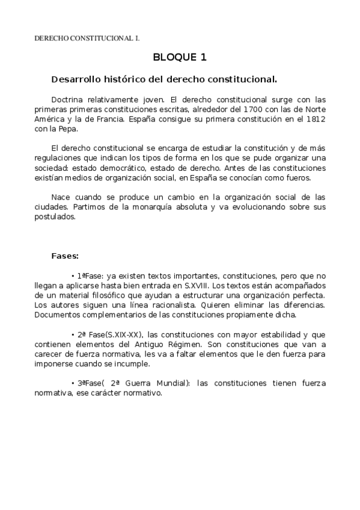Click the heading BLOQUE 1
[x=180, y=58]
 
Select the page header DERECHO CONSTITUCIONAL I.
[x=87, y=38]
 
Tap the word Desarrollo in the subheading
[x=75, y=79]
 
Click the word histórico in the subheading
[x=123, y=79]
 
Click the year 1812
[x=314, y=119]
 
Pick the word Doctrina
[x=68, y=99]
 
